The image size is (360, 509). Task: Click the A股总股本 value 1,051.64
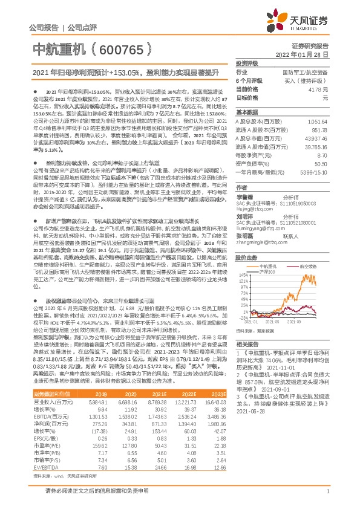(318, 121)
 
